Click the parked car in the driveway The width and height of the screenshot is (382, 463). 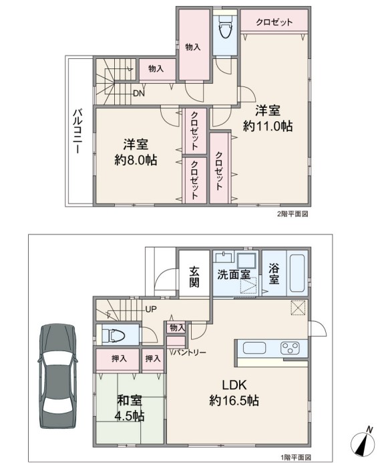[57, 376]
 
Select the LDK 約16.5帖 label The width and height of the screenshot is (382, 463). [234, 393]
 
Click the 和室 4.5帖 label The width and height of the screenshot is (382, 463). [130, 408]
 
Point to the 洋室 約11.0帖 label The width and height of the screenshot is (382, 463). [268, 118]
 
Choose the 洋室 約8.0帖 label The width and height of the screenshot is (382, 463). [136, 152]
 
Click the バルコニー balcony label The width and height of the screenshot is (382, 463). [78, 131]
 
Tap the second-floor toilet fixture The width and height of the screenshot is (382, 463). [226, 26]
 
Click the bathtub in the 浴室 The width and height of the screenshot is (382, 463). [299, 274]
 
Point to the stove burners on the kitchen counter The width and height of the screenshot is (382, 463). [290, 347]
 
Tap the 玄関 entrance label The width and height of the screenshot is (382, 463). [194, 277]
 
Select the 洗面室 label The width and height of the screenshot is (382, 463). [234, 274]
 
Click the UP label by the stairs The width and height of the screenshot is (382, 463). [151, 310]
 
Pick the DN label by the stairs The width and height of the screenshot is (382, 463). [139, 94]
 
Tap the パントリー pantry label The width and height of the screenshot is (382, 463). [189, 353]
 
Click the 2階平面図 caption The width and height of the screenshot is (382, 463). [293, 214]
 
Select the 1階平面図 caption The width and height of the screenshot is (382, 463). [296, 458]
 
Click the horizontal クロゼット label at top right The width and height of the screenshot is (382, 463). [274, 22]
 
